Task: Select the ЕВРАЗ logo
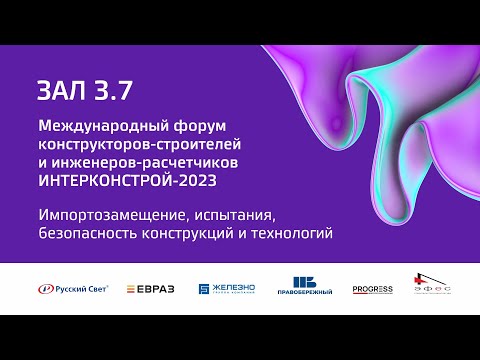point(151,289)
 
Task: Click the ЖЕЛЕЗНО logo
point(226,289)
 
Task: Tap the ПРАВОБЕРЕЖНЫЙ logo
point(303,288)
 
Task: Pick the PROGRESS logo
point(372,290)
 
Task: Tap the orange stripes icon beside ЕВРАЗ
point(132,289)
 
